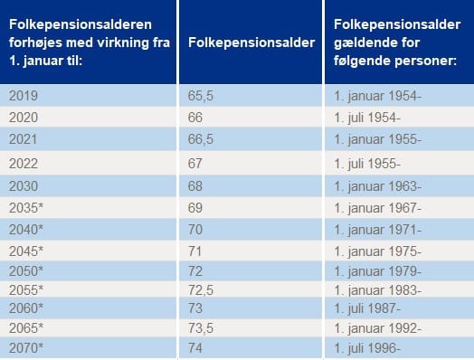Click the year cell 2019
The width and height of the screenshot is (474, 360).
[23, 94]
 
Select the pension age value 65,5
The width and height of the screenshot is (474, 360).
[201, 94]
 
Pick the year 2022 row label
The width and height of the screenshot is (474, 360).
[23, 163]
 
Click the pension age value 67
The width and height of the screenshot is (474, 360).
[196, 163]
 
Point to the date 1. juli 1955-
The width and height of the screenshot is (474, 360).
[367, 163]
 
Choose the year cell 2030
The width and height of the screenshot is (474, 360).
[23, 186]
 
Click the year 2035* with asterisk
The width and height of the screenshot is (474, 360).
[25, 208]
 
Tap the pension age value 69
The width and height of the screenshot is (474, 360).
[196, 208]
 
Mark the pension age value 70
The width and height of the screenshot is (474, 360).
[196, 230]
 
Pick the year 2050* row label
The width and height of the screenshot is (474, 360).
[25, 271]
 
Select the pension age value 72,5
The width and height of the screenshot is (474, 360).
[201, 289]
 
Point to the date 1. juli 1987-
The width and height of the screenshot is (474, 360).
[367, 308]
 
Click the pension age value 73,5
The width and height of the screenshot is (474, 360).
[201, 327]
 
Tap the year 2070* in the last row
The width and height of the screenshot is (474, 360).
[25, 347]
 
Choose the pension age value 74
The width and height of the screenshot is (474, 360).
[196, 347]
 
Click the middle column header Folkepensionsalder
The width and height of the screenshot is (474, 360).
[251, 43]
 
